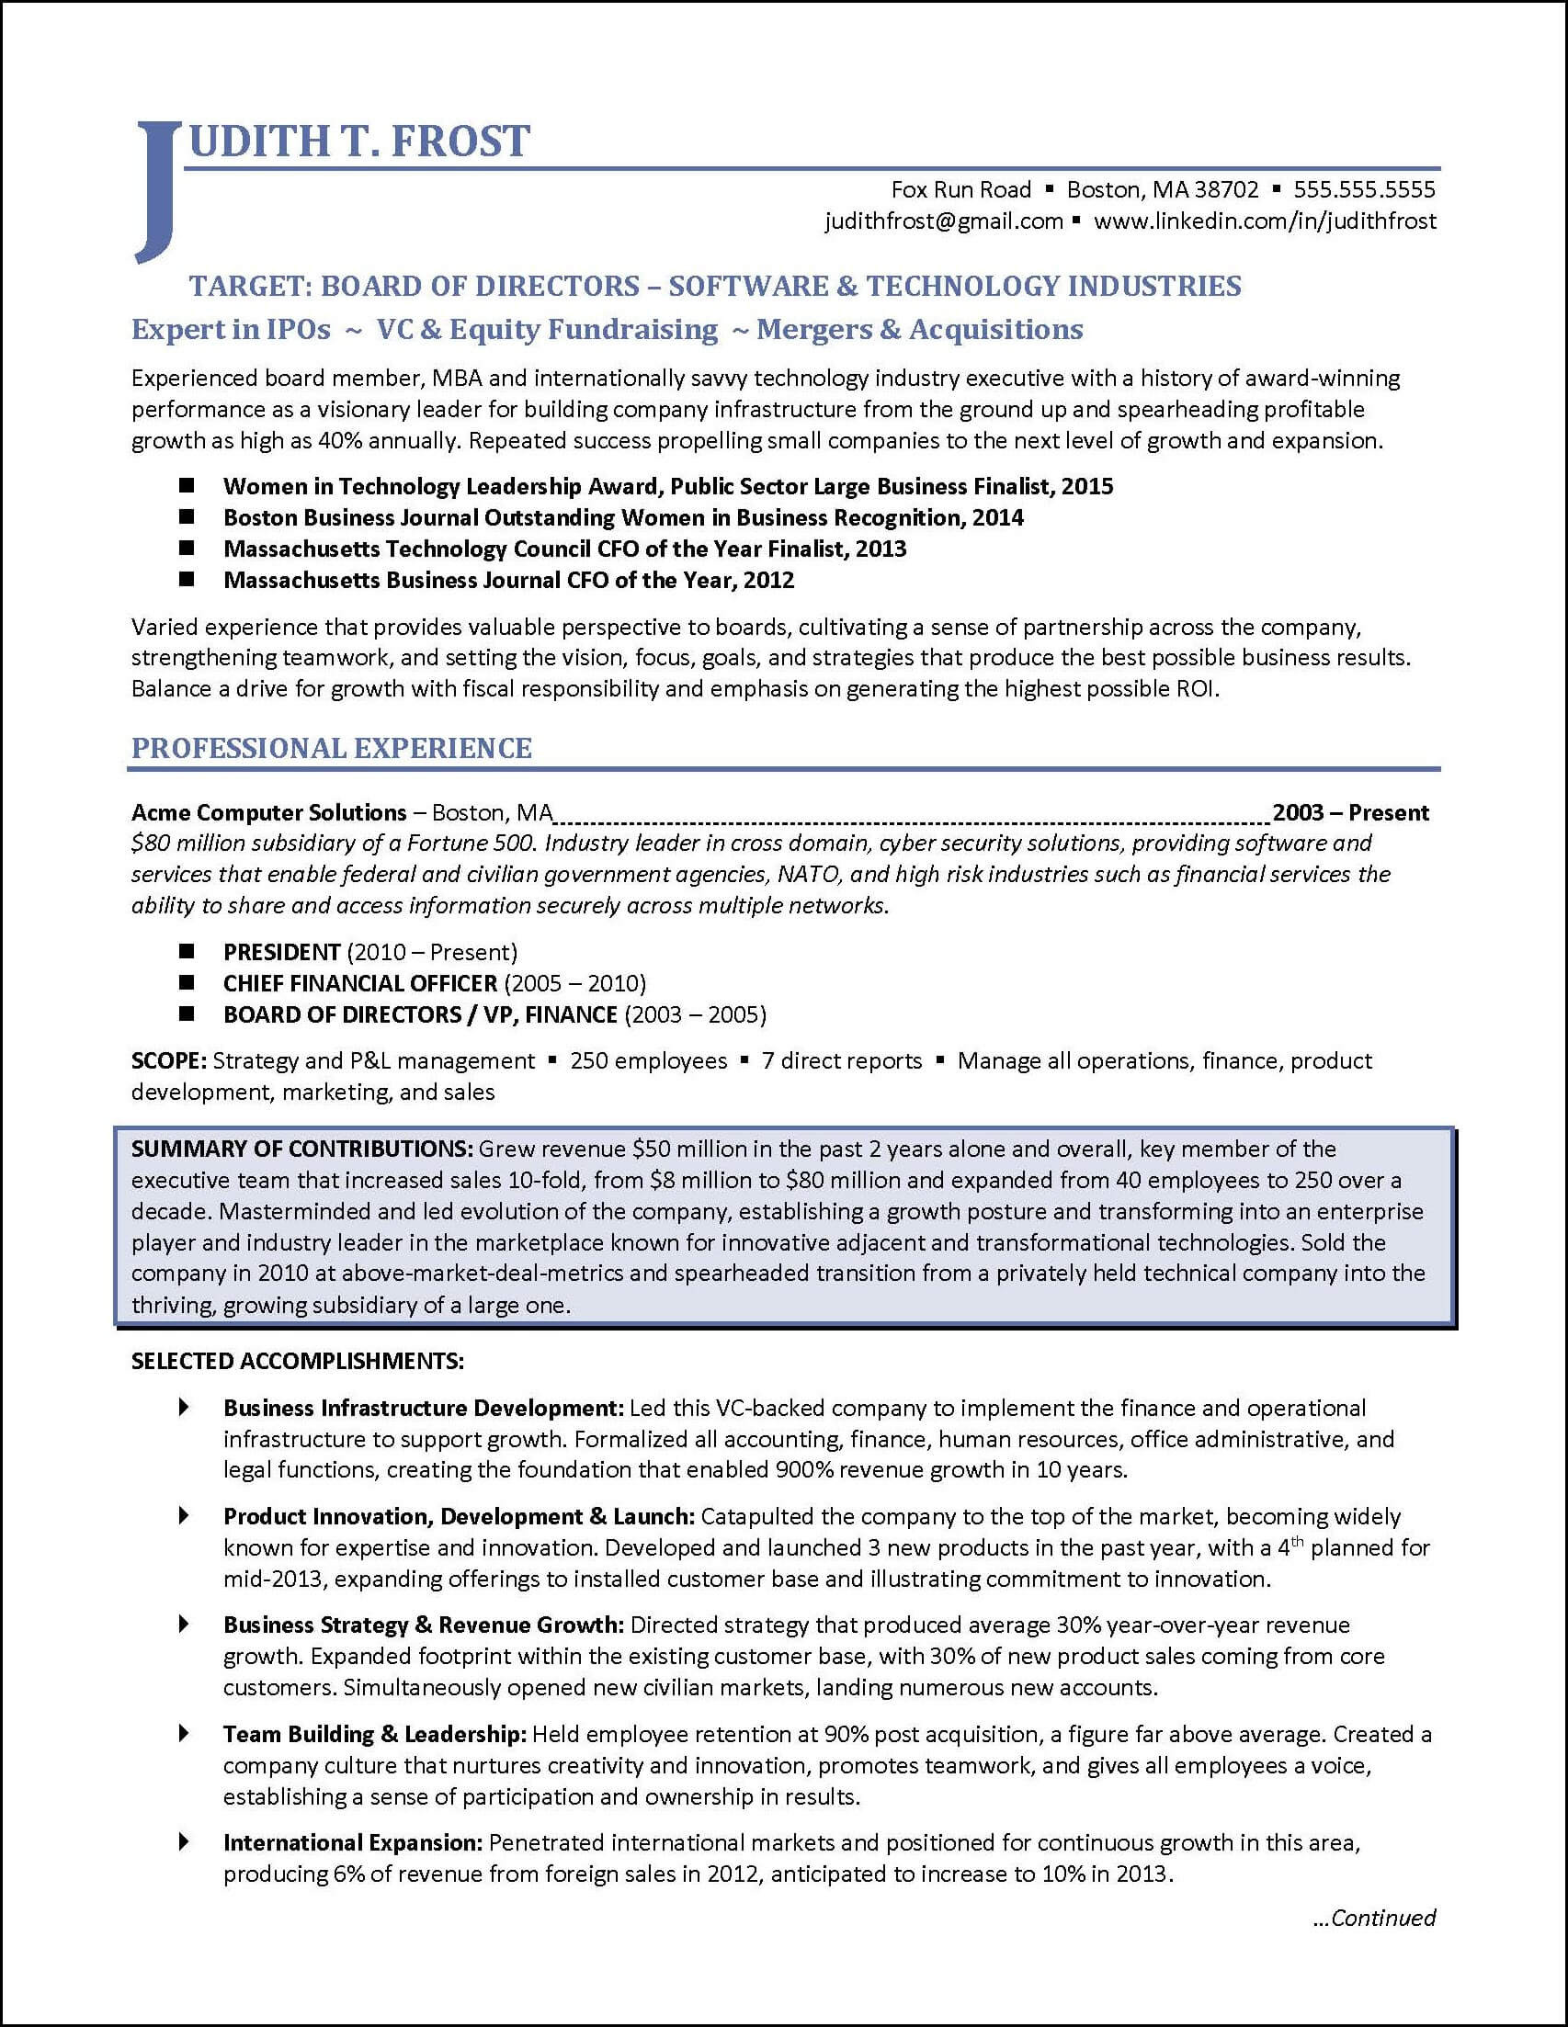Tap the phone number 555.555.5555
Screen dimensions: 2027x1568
pyautogui.click(x=1364, y=190)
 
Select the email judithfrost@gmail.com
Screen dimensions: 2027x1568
pyautogui.click(x=943, y=221)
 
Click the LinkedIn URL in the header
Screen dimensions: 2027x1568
pyautogui.click(x=1265, y=221)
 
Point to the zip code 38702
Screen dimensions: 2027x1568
pyautogui.click(x=1225, y=190)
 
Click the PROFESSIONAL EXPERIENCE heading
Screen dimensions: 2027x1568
pyautogui.click(x=332, y=748)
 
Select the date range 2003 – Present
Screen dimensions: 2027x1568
pyautogui.click(x=1350, y=813)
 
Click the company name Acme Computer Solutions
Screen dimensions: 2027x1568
pyautogui.click(x=269, y=813)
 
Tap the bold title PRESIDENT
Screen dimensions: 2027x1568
pyautogui.click(x=281, y=952)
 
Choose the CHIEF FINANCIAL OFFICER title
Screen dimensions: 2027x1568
pyautogui.click(x=360, y=983)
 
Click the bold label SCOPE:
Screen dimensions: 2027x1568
pyautogui.click(x=169, y=1061)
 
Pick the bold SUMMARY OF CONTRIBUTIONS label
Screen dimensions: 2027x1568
pyautogui.click(x=302, y=1149)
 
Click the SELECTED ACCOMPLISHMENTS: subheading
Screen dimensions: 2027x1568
pyautogui.click(x=297, y=1361)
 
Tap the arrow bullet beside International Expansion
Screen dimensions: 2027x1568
pyautogui.click(x=184, y=1841)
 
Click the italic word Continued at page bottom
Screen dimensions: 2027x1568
pyautogui.click(x=1382, y=1919)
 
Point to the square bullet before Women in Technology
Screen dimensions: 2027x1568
pyautogui.click(x=187, y=485)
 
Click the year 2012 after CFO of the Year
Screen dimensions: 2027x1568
pyautogui.click(x=768, y=580)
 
